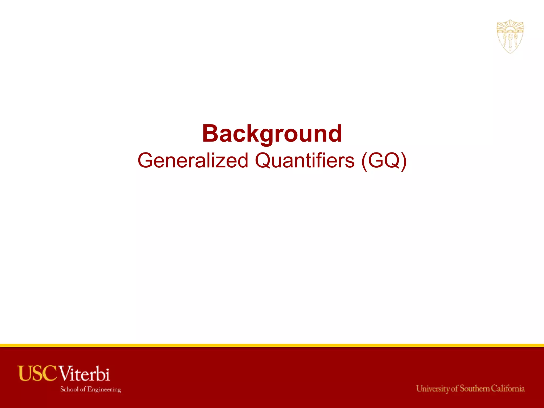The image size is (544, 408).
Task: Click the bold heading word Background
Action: click(x=272, y=134)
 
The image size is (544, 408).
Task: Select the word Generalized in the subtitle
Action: click(x=193, y=161)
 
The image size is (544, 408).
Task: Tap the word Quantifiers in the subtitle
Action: click(x=305, y=161)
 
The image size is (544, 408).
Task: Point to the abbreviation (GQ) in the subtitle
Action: click(x=384, y=161)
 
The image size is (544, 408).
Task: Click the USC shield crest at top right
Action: click(x=510, y=36)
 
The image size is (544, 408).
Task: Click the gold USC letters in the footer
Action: click(x=37, y=373)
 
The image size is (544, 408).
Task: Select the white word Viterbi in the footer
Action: click(x=84, y=373)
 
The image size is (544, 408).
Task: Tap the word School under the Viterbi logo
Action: click(x=69, y=389)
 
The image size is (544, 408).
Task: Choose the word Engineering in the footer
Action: click(x=104, y=389)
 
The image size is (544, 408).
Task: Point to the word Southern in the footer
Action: click(x=475, y=388)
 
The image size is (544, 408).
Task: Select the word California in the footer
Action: click(x=508, y=388)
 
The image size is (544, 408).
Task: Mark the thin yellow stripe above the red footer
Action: click(x=272, y=345)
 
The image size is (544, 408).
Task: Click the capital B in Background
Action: click(x=210, y=134)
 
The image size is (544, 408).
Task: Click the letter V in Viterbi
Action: click(x=65, y=373)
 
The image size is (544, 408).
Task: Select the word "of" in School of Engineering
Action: click(x=83, y=389)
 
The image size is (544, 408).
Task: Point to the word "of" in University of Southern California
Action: click(x=454, y=389)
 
